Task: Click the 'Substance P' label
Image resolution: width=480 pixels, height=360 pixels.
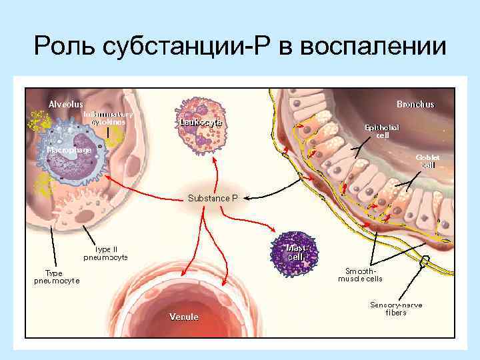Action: [x=213, y=198]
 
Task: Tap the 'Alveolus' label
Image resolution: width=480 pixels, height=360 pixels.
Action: [x=65, y=104]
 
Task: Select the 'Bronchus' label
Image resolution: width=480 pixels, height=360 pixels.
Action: [x=415, y=104]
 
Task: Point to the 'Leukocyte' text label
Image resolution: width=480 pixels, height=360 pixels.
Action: [x=200, y=123]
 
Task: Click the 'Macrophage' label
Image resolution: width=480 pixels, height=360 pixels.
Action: [x=69, y=150]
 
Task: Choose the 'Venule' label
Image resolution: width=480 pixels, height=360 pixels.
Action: [x=183, y=317]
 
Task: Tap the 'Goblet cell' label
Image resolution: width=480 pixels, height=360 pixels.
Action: [x=427, y=161]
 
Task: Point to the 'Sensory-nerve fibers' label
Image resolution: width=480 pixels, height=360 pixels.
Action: [x=395, y=309]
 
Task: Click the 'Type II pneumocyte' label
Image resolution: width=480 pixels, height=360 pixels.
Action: [x=106, y=252]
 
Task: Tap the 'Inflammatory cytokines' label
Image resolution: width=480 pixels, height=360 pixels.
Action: [x=108, y=118]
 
